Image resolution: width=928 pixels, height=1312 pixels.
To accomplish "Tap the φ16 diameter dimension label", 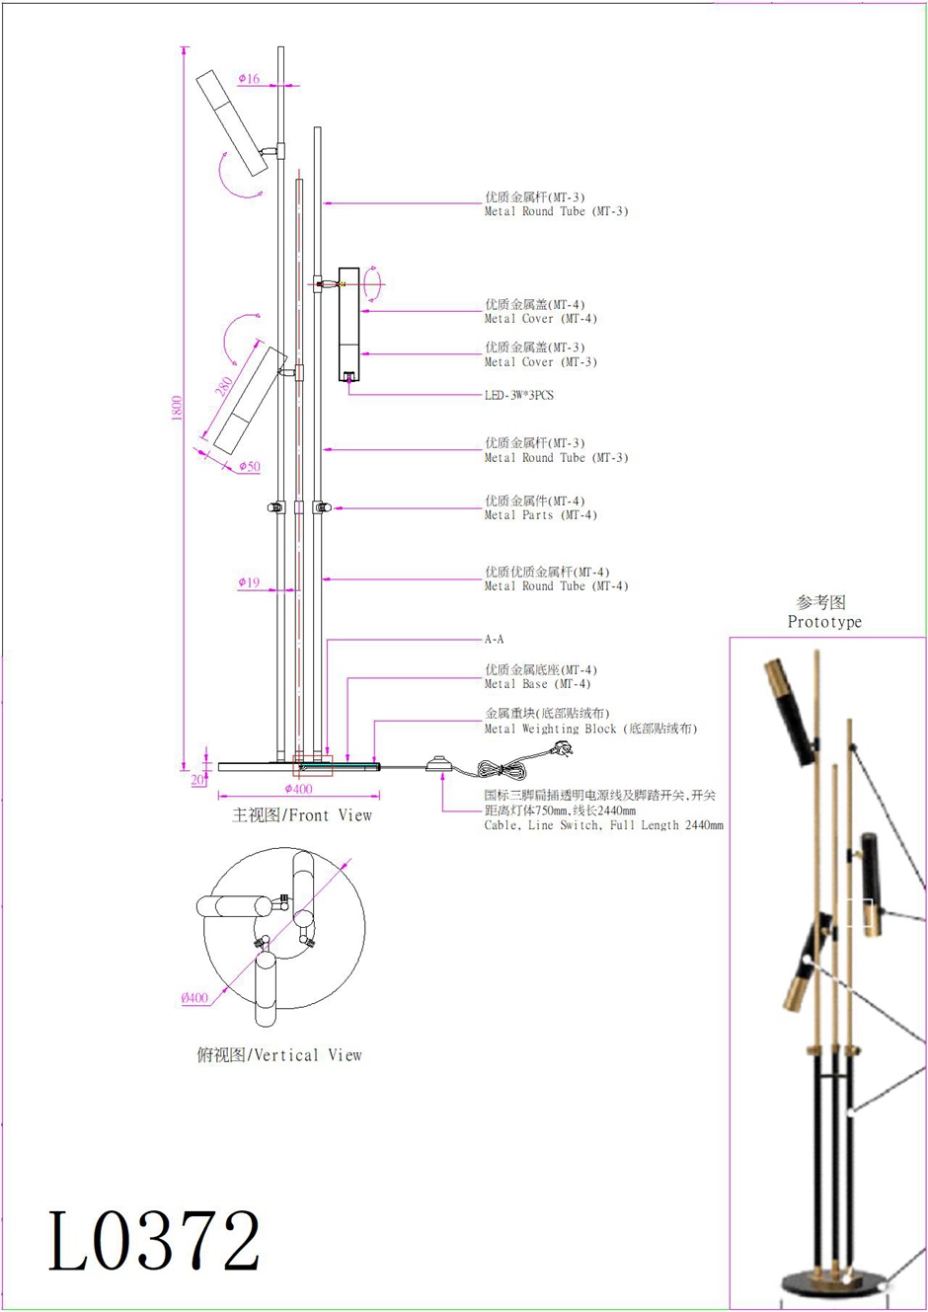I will (x=249, y=79).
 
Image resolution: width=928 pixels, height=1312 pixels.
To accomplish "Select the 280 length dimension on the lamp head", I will (x=225, y=386).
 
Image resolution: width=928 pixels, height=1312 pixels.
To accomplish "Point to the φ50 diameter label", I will (x=250, y=466).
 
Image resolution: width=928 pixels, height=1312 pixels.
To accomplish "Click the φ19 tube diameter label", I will (x=249, y=582).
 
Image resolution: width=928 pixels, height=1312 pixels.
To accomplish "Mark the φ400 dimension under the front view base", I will (x=298, y=789).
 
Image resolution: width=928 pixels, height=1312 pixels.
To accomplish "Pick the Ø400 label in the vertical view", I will (x=195, y=998).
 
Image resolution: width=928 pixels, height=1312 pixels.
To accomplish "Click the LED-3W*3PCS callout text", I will (x=519, y=395).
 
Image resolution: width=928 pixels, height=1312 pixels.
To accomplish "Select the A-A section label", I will (x=495, y=640).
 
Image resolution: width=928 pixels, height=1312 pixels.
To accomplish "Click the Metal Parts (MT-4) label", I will (x=540, y=515).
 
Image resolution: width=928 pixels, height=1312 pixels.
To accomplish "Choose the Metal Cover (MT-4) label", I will (x=540, y=319).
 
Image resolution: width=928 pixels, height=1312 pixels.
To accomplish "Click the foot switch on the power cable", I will (x=438, y=763).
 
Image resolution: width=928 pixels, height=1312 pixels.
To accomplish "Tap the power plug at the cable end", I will (x=564, y=750).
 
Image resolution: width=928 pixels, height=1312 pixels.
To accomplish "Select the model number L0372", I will (x=155, y=1241).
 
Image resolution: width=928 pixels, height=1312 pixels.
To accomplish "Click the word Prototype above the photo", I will (x=824, y=622).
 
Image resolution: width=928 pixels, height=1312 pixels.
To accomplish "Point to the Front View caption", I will (x=302, y=815).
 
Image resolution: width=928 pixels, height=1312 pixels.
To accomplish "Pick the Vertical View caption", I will (x=280, y=1055).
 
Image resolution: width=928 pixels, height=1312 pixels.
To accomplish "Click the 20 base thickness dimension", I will (x=197, y=780).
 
